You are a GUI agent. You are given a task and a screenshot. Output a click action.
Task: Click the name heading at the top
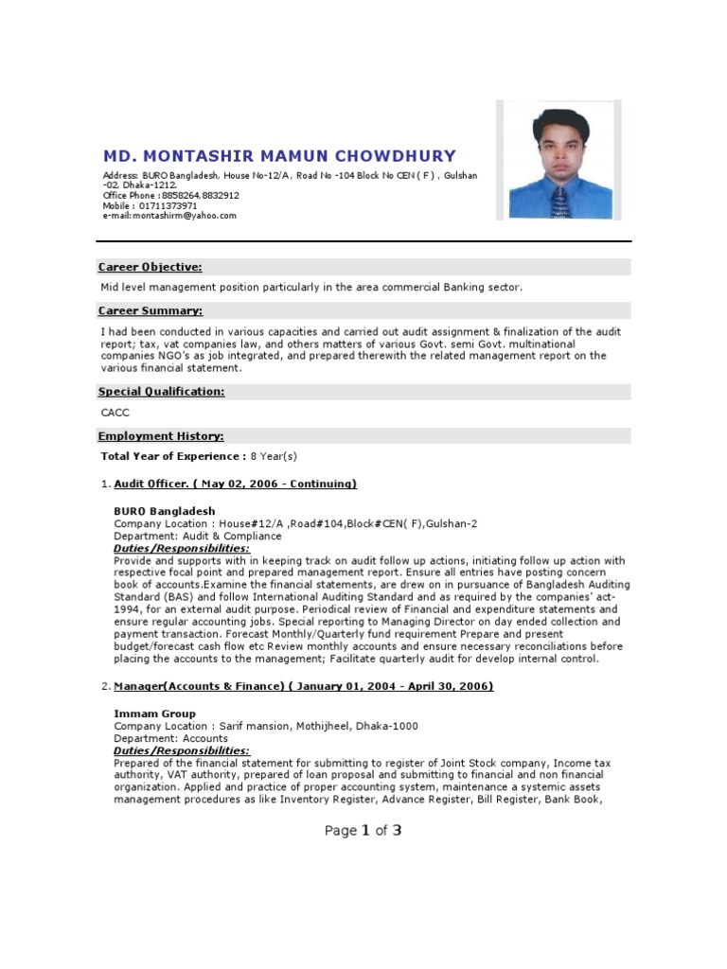279,156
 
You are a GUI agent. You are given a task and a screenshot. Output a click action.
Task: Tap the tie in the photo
559,201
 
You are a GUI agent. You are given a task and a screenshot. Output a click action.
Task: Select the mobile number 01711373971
168,205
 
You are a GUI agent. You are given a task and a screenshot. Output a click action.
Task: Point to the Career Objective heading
151,268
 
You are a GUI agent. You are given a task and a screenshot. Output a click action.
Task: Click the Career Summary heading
151,311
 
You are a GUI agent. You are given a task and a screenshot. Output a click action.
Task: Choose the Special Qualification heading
162,392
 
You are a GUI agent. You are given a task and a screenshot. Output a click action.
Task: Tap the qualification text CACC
115,414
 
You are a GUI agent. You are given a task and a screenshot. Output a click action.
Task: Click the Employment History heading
161,436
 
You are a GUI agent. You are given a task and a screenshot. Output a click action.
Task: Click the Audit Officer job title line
235,484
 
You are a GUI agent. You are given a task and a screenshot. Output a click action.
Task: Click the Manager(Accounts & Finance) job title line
303,686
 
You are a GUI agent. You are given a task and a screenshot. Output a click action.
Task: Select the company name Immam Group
154,714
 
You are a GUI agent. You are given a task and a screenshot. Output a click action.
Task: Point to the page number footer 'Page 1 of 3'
363,831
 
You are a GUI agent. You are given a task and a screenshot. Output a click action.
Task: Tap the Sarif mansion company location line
266,726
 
